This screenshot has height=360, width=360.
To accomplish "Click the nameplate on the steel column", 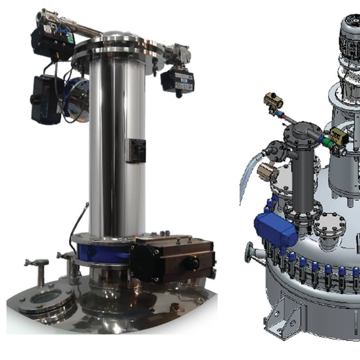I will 136,150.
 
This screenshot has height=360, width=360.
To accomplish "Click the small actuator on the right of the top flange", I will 176,80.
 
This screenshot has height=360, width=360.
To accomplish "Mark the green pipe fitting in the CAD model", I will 325,141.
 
